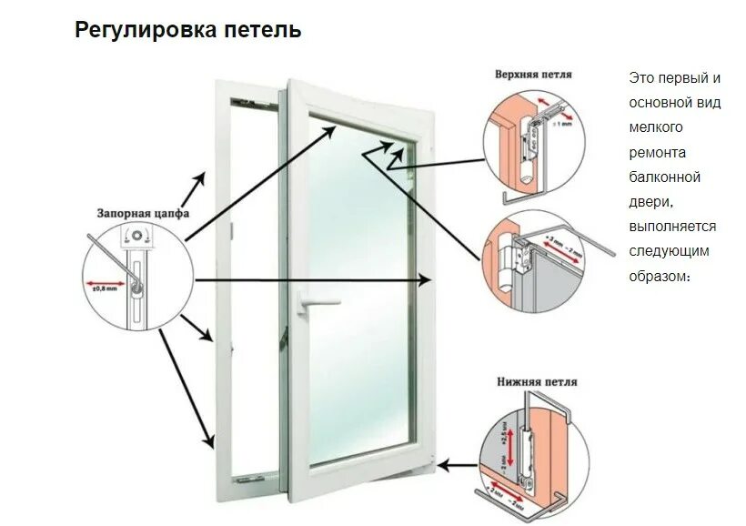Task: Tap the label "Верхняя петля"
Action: (533, 74)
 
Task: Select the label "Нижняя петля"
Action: (537, 382)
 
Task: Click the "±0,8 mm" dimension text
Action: (105, 287)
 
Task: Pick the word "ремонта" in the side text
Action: (657, 152)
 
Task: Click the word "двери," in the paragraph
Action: (651, 201)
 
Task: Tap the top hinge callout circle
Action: (534, 137)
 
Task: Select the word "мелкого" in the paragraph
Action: (655, 127)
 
